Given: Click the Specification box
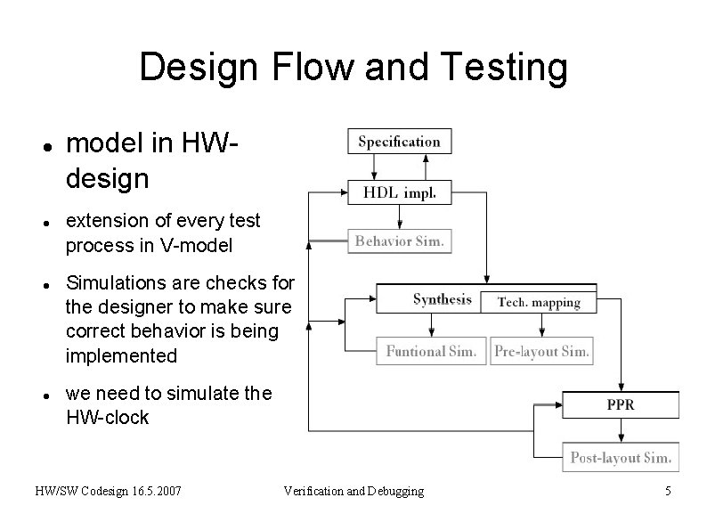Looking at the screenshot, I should tap(399, 141).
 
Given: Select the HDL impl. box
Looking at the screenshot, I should tap(399, 192).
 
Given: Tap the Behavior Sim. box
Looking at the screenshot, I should tap(399, 241).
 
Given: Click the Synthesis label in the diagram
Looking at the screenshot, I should tap(442, 300).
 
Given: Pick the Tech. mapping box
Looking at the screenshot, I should tap(538, 303).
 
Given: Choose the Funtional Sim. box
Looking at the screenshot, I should tap(431, 351).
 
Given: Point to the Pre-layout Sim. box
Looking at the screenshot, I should tap(541, 351).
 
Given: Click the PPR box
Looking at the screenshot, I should tap(620, 404).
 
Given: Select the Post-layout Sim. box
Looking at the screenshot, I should tap(620, 457).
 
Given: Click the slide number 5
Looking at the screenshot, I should tap(668, 491).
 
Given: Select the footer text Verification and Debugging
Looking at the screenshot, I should tap(353, 491).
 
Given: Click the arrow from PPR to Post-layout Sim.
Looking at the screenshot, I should tap(622, 430).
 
